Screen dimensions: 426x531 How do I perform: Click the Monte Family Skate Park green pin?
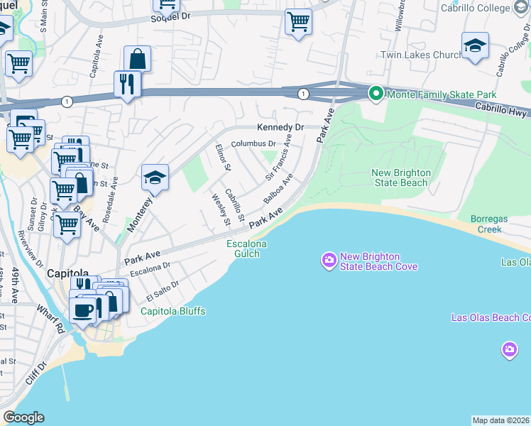point(376,94)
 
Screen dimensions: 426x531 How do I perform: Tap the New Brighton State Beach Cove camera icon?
point(329,261)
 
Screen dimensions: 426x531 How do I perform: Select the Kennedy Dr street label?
point(280,127)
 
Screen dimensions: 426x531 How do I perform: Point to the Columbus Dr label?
point(253,143)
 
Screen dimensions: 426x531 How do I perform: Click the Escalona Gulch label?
point(246,248)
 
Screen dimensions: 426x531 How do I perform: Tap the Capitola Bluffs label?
point(173,312)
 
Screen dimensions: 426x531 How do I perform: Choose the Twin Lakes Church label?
point(422,55)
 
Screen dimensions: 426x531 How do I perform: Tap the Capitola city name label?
point(67,273)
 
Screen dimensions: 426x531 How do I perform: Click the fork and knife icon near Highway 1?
point(128,84)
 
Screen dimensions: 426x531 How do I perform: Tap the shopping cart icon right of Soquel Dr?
point(299,22)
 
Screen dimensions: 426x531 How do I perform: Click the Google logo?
point(23,417)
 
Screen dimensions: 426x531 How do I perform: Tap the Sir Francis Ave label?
point(279,160)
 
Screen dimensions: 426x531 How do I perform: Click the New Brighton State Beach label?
point(400,177)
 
